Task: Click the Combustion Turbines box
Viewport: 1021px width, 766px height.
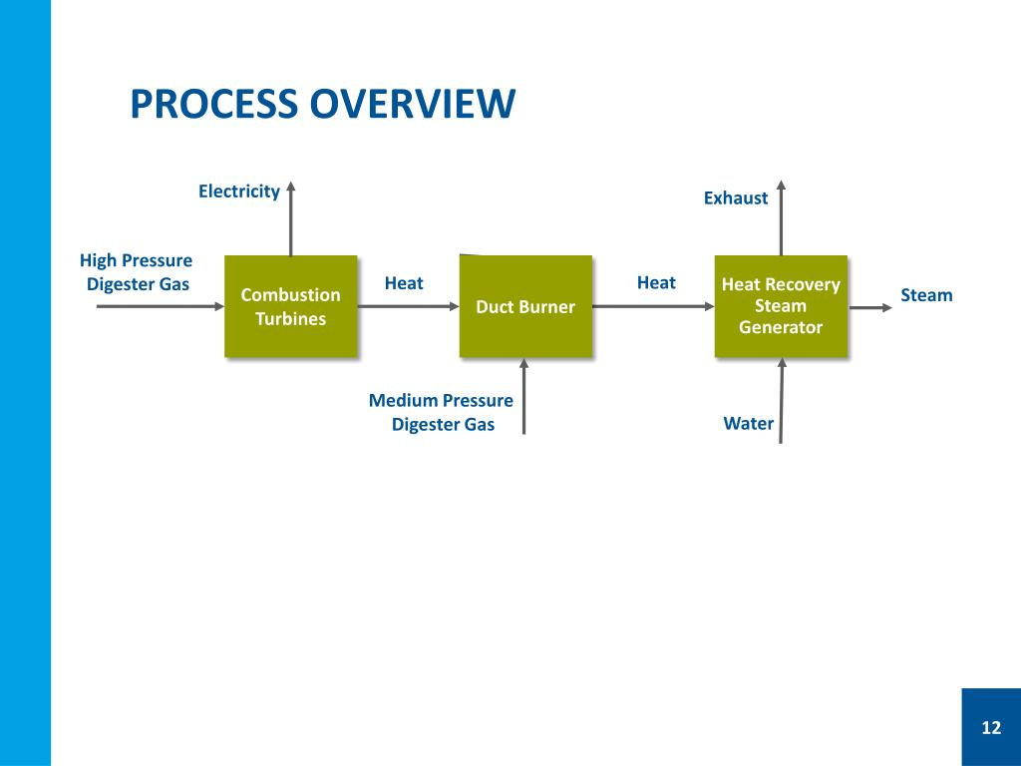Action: pos(290,306)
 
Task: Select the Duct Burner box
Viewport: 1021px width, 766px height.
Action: pos(525,306)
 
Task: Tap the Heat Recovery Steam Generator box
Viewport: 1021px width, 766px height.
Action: pos(781,306)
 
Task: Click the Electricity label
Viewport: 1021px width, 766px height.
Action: pos(238,191)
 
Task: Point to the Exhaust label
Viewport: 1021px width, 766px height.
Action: pos(736,197)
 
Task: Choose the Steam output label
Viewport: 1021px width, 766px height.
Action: pos(926,295)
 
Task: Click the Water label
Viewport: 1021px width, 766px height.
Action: pos(748,423)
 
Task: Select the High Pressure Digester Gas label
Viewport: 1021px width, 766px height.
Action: pos(137,272)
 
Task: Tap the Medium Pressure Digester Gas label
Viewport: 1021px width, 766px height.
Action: pos(442,412)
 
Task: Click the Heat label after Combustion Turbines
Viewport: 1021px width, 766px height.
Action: pos(404,283)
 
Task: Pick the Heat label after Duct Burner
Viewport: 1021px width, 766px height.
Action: pos(656,282)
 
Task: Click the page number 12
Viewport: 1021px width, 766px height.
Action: pos(990,727)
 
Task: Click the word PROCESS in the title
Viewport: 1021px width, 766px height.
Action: pos(213,104)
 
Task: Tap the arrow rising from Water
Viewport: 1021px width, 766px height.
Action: pos(781,399)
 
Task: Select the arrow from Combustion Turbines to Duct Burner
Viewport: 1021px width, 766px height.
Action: pos(408,306)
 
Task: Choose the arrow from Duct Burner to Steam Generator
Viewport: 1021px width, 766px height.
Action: pos(653,306)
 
